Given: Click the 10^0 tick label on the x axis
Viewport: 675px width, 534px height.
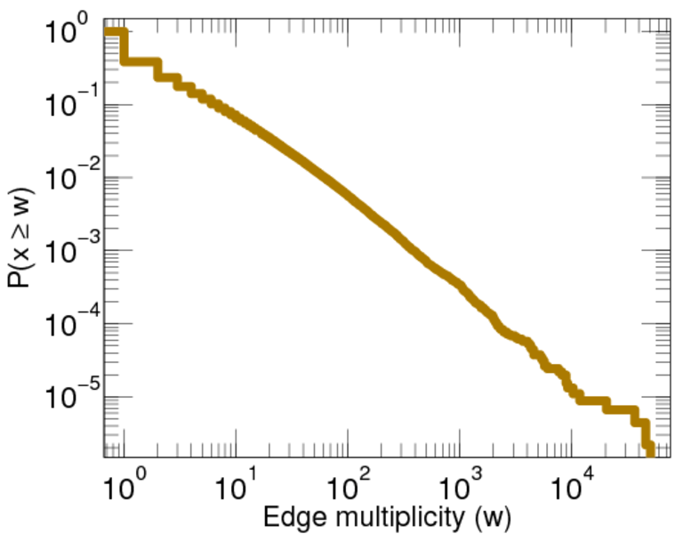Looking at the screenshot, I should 123,488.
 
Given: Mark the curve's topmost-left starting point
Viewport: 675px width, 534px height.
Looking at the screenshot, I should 108,32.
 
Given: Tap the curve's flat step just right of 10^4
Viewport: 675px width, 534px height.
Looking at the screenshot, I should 591,400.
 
